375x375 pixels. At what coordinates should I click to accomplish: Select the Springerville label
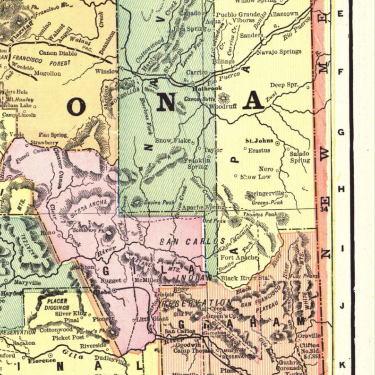(265, 194)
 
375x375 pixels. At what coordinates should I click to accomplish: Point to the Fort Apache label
(239, 257)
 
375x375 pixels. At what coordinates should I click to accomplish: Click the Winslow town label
(107, 71)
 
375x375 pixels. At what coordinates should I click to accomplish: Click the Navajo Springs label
(279, 51)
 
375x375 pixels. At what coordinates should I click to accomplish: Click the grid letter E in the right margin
(341, 13)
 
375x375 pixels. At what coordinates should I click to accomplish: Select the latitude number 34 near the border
(324, 209)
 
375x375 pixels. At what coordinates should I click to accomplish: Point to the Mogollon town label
(48, 74)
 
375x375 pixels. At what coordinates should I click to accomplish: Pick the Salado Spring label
(299, 157)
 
